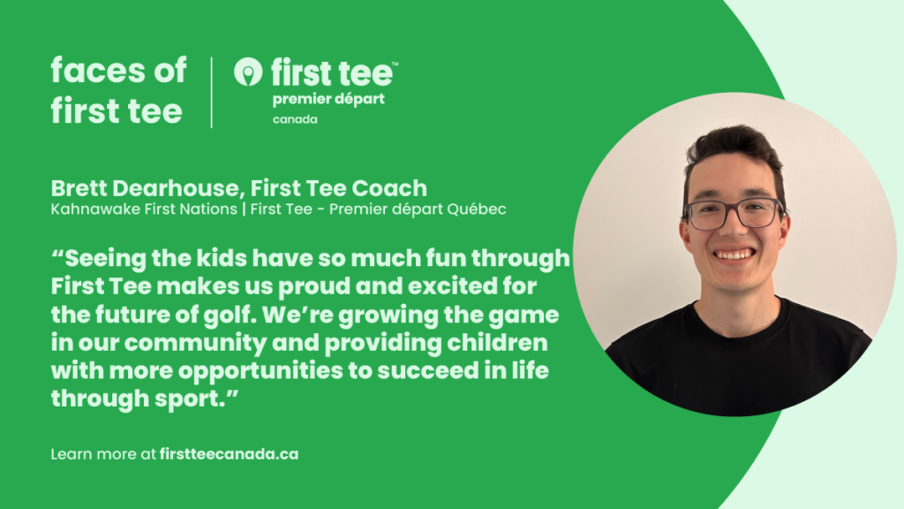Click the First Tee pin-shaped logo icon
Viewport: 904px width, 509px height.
click(x=248, y=72)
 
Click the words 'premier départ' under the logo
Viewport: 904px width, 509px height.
click(x=328, y=100)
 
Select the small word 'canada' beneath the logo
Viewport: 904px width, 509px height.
click(x=295, y=119)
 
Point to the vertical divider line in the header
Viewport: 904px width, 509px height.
click(x=212, y=92)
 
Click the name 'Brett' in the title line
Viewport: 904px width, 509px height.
click(x=79, y=188)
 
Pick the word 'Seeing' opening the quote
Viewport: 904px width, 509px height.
click(x=105, y=259)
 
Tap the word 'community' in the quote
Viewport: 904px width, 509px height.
click(x=195, y=344)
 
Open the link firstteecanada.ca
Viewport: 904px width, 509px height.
click(x=229, y=454)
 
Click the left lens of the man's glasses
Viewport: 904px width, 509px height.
click(x=705, y=216)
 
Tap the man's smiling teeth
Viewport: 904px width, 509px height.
click(x=733, y=254)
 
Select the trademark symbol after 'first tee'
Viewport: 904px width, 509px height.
click(x=395, y=64)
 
